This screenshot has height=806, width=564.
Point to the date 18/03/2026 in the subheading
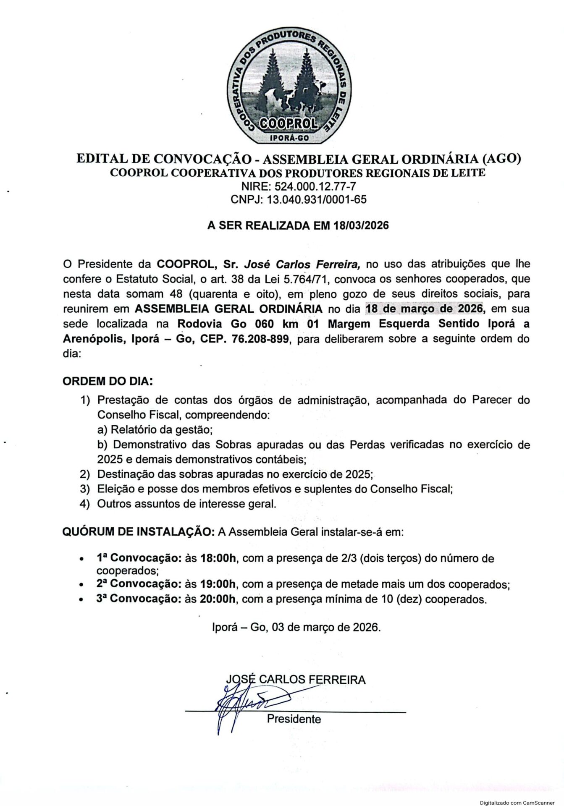(x=362, y=225)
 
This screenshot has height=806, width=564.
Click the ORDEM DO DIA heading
(x=108, y=382)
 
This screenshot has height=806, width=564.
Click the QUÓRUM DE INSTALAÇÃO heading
(x=139, y=532)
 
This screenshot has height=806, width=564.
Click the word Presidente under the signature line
(x=294, y=719)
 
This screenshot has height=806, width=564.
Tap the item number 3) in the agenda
(x=85, y=489)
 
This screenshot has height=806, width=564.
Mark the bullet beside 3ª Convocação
(x=80, y=600)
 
